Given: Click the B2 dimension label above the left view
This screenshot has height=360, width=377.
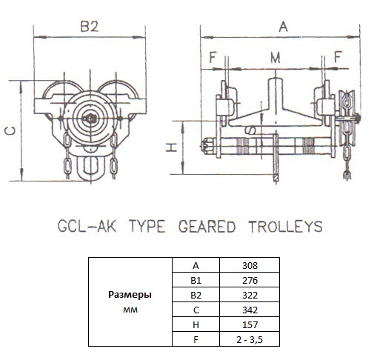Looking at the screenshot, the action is pos(90,27).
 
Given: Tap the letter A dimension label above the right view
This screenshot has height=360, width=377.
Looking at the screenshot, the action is pos(283,27).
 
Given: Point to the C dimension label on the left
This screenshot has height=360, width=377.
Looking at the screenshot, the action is pos(10,131).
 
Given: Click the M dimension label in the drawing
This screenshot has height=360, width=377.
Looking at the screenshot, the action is pos(276,58).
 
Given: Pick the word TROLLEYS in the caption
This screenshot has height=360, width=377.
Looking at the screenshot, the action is pos(285,227).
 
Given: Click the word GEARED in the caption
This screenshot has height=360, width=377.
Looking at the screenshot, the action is pos(207,227).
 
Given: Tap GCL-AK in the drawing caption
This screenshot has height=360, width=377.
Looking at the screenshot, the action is pos(87,227).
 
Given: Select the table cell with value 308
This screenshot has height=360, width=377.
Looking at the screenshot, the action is pos(250,266).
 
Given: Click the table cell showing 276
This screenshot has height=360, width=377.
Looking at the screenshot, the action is pos(250,281).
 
